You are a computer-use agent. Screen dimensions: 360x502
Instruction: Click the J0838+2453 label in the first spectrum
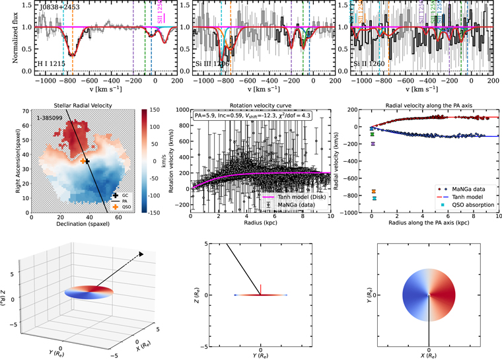(57, 7)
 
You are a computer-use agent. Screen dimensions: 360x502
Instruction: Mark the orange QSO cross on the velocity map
(83, 161)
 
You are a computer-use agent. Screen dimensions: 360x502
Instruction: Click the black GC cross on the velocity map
(87, 161)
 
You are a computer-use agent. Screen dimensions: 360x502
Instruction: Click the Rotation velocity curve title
(258, 105)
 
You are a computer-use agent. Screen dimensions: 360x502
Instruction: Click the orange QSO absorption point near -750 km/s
(373, 191)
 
